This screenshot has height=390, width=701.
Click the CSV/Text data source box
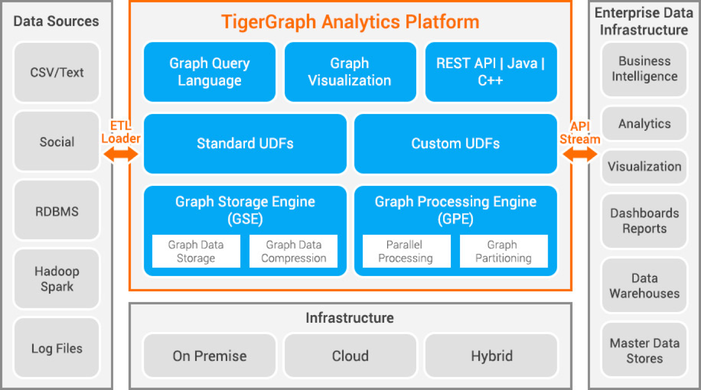pyautogui.click(x=57, y=72)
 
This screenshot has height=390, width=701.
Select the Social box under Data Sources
pyautogui.click(x=57, y=142)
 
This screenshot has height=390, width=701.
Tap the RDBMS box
pyautogui.click(x=57, y=211)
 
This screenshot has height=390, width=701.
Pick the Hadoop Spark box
pyautogui.click(x=57, y=279)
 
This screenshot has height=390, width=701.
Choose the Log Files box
pyautogui.click(x=57, y=348)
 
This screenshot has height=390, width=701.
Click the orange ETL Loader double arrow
pyautogui.click(x=120, y=154)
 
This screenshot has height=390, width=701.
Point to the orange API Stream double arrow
pyautogui.click(x=580, y=154)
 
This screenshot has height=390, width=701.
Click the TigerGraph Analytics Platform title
pyautogui.click(x=350, y=22)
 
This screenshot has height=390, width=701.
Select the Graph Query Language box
pyautogui.click(x=209, y=72)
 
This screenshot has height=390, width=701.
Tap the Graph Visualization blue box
pyautogui.click(x=350, y=72)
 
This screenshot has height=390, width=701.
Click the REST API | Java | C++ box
pyautogui.click(x=491, y=72)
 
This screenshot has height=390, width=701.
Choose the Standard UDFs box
pyautogui.click(x=245, y=144)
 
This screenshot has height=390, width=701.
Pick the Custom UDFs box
pyautogui.click(x=455, y=144)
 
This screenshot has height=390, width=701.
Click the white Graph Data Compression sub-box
pyautogui.click(x=293, y=251)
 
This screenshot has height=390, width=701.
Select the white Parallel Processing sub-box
pyautogui.click(x=406, y=251)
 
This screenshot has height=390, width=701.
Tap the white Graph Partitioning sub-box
pyautogui.click(x=503, y=251)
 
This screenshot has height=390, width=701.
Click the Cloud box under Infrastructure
pyautogui.click(x=350, y=355)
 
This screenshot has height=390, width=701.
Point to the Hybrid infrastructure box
pyautogui.click(x=491, y=355)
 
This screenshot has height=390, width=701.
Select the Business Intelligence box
pyautogui.click(x=644, y=69)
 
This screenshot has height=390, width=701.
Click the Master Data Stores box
pyautogui.click(x=644, y=350)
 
